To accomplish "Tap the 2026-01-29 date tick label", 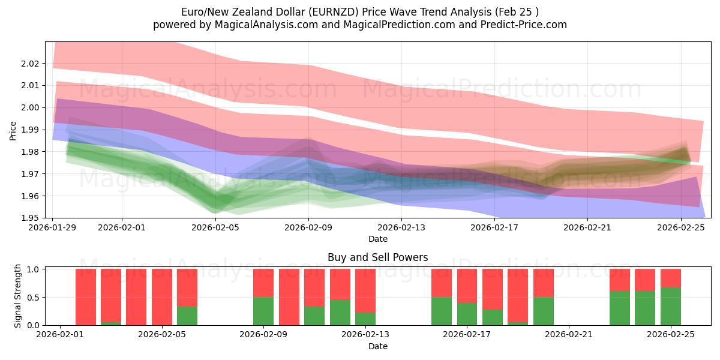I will (53, 228).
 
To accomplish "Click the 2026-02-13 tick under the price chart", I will (401, 228).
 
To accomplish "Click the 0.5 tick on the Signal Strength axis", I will (35, 297).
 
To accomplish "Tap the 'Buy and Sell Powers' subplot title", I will (377, 257).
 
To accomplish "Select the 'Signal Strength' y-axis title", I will (18, 296).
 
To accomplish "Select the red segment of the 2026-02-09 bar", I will (263, 283).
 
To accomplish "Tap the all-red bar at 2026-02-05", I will (162, 296).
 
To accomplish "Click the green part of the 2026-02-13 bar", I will (365, 319).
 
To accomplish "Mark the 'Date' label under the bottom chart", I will (377, 346).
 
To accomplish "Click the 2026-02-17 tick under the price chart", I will (494, 228).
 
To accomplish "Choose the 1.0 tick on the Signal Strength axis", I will (35, 269).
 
